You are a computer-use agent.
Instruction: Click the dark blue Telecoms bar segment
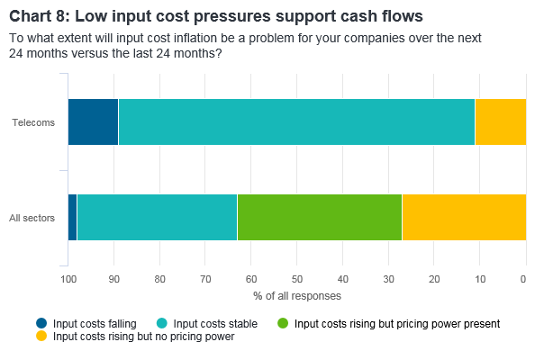[93, 122]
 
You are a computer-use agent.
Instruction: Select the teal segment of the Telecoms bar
[296, 122]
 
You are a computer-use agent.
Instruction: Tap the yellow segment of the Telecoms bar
[501, 122]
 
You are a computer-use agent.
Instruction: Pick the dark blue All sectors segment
[72, 218]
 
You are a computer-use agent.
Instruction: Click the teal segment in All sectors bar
[157, 218]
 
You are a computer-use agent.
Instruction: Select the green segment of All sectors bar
[320, 218]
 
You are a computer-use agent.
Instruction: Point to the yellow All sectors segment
[465, 218]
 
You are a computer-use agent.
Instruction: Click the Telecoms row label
[33, 122]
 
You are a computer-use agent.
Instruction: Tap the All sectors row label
[32, 218]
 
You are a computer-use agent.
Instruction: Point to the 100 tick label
[68, 280]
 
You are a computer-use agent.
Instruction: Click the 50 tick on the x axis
[297, 280]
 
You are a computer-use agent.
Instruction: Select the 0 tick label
[523, 280]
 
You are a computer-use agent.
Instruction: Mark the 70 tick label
[205, 280]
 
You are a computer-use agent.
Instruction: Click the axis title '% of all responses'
[297, 296]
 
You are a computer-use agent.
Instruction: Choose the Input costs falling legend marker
[41, 323]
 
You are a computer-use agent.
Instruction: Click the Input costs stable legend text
[215, 323]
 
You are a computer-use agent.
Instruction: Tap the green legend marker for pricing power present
[283, 323]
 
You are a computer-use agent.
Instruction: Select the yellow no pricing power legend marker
[41, 336]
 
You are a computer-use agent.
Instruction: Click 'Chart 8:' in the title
[40, 16]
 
